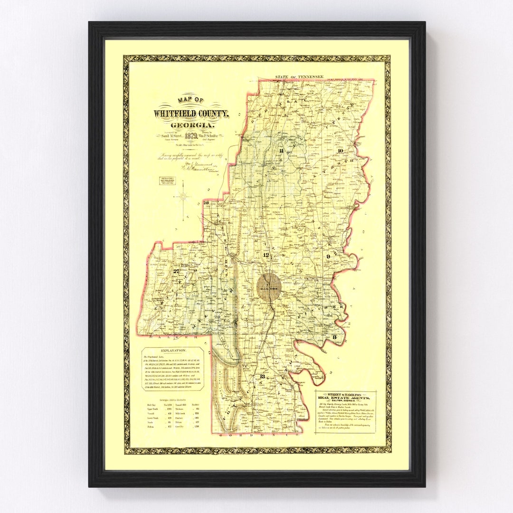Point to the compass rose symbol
click(182, 196)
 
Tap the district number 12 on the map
click(266, 256)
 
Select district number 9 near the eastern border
click(328, 257)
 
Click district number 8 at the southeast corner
click(334, 338)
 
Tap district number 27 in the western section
click(177, 271)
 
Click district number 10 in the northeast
click(340, 151)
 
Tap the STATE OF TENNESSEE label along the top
click(299, 76)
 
